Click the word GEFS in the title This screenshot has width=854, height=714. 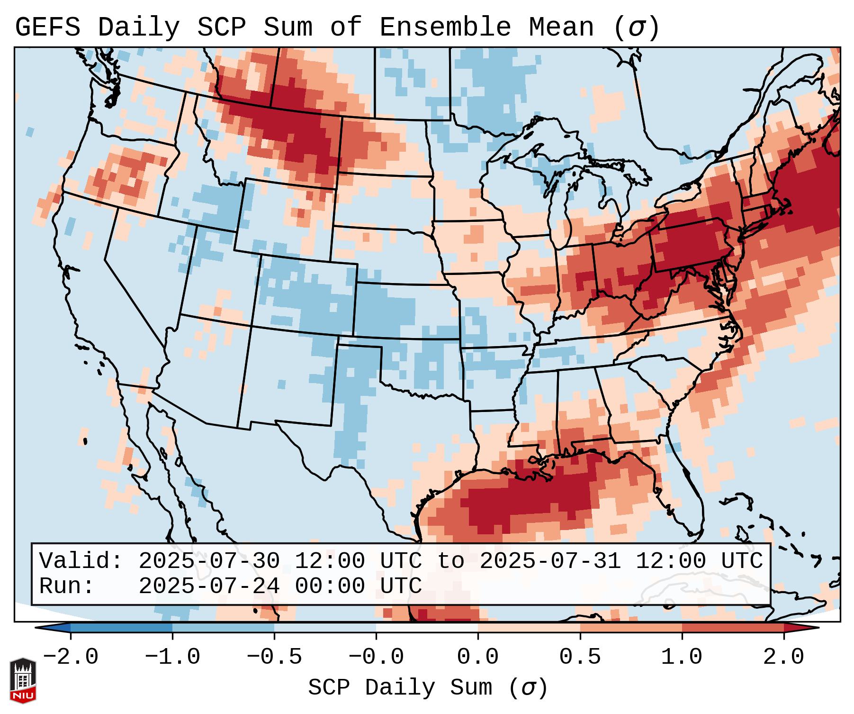click(47, 27)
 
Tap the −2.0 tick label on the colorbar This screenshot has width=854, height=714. click(71, 657)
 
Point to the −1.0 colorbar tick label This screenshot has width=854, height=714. click(172, 657)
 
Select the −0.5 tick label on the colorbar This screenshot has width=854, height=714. click(274, 657)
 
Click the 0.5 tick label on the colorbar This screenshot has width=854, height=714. click(580, 657)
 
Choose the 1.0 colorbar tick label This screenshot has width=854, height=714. click(682, 657)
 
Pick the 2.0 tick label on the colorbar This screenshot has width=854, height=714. click(783, 657)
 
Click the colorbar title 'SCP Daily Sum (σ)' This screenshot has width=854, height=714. click(428, 687)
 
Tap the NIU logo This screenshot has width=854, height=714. click(23, 680)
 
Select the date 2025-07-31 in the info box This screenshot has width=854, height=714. click(550, 561)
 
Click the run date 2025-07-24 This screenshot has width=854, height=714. click(209, 586)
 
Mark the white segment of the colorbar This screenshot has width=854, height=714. click(427, 628)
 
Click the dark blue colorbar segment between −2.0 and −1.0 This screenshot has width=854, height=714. click(121, 628)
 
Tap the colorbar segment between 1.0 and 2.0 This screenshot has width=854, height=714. click(733, 628)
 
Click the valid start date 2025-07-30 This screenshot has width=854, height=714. click(209, 561)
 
